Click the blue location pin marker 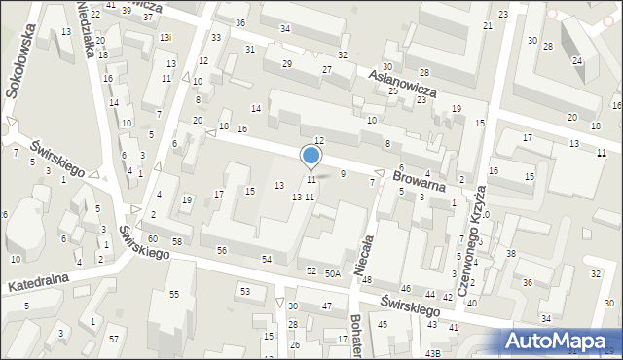click(x=311, y=156)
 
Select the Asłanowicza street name click(x=402, y=82)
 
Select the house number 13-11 click(x=303, y=197)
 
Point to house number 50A click(x=333, y=274)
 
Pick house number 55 click(x=174, y=294)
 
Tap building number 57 click(x=114, y=339)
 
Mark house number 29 click(x=286, y=64)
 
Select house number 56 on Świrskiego click(x=222, y=250)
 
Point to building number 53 click(x=245, y=291)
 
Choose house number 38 click(x=510, y=254)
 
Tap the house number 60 click(x=153, y=238)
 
